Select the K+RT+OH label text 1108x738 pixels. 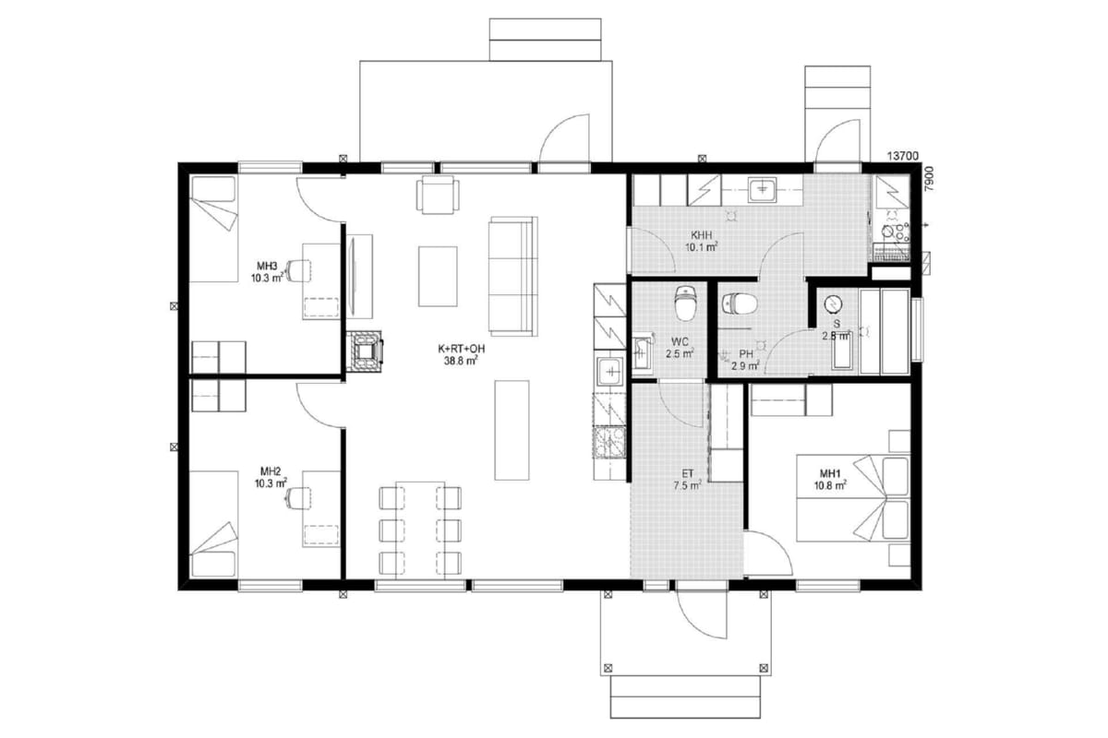click(x=461, y=349)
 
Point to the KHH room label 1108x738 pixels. click(x=702, y=235)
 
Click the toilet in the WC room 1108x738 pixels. click(x=685, y=303)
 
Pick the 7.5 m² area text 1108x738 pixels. click(x=687, y=485)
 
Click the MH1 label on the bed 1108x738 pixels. click(x=830, y=473)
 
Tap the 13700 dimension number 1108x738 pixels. click(x=903, y=156)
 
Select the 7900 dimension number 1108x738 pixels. click(x=930, y=179)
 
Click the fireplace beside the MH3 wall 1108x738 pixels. click(x=364, y=351)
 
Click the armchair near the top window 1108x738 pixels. click(x=438, y=195)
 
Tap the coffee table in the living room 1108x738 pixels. click(x=438, y=277)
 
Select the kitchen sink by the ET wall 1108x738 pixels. click(x=611, y=371)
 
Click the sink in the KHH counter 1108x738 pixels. click(x=762, y=190)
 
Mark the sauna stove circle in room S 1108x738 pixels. click(x=834, y=304)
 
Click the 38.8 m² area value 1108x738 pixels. click(x=461, y=362)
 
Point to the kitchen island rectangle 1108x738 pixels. click(x=512, y=430)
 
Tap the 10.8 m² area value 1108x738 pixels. click(x=830, y=486)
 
